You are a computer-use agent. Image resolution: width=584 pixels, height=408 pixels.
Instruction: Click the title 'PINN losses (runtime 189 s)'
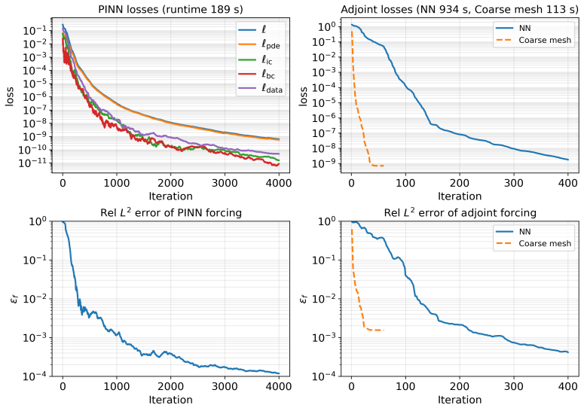170,9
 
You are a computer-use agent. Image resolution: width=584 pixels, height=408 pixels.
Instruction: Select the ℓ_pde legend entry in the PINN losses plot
261,44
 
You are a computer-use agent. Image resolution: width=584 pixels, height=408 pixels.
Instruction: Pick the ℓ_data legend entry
261,89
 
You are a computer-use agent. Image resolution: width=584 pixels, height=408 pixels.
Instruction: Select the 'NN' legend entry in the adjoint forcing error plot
514,232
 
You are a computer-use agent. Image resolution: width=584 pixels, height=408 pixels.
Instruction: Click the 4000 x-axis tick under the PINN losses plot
279,183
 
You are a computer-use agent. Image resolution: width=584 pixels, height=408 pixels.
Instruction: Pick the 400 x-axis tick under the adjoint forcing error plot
567,387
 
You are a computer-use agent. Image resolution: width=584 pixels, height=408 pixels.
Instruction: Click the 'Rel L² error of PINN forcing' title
170,212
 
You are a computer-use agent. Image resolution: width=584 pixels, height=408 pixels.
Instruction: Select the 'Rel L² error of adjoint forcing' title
460,212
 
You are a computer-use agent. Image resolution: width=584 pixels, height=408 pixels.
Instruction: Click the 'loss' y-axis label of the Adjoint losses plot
303,96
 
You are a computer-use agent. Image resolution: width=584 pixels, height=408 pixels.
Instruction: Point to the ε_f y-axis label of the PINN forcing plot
14,298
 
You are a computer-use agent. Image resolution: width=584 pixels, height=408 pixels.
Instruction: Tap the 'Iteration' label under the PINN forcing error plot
170,400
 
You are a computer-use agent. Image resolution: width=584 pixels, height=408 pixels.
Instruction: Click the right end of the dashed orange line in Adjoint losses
384,166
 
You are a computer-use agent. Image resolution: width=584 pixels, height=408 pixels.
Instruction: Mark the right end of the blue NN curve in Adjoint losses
568,160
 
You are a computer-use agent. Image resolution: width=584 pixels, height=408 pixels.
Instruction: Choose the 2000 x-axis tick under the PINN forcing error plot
170,387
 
